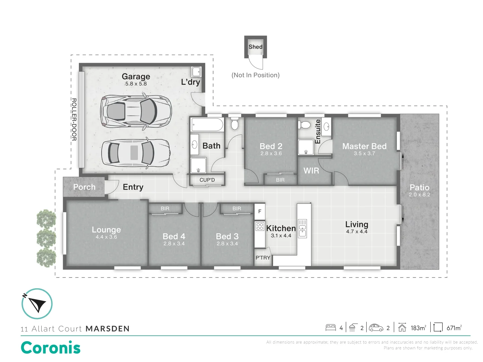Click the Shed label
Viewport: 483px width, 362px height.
coord(255,47)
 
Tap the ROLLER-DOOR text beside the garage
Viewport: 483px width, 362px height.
coord(74,119)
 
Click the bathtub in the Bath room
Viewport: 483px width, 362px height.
coord(207,125)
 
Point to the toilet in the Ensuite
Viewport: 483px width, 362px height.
coord(305,125)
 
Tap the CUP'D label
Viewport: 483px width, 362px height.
coord(207,180)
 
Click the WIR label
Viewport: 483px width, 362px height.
coord(311,171)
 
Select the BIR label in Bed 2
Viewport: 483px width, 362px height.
coord(280,180)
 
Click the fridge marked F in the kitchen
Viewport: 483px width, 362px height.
coord(260,212)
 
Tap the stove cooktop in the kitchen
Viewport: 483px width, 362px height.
coord(260,226)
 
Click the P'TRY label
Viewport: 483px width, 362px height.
coord(263,258)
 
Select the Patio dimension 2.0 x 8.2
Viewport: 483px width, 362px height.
coord(419,195)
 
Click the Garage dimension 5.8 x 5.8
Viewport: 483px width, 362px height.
coord(136,84)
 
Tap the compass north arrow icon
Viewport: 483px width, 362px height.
coord(37,304)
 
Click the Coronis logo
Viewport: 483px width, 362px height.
coord(51,348)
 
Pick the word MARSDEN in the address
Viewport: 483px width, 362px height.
coord(108,329)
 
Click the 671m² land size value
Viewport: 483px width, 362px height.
coord(454,328)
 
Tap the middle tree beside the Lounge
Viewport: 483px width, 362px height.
coord(46,238)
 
